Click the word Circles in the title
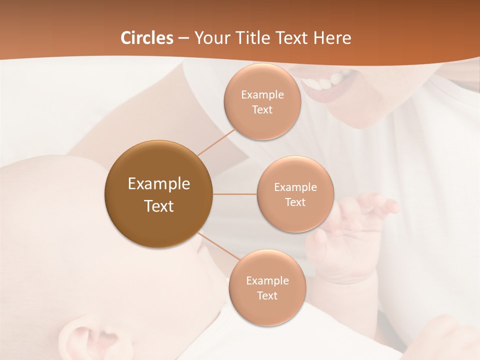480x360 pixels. pyautogui.click(x=147, y=38)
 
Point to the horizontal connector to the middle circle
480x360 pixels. pyautogui.click(x=235, y=194)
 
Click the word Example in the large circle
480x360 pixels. pyautogui.click(x=158, y=184)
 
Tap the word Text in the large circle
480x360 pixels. pyautogui.click(x=158, y=206)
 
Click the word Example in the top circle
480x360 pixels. pyautogui.click(x=262, y=95)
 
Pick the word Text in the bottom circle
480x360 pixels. pyautogui.click(x=267, y=295)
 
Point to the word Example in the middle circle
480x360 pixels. pyautogui.click(x=295, y=187)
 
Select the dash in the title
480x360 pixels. pyautogui.click(x=183, y=38)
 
